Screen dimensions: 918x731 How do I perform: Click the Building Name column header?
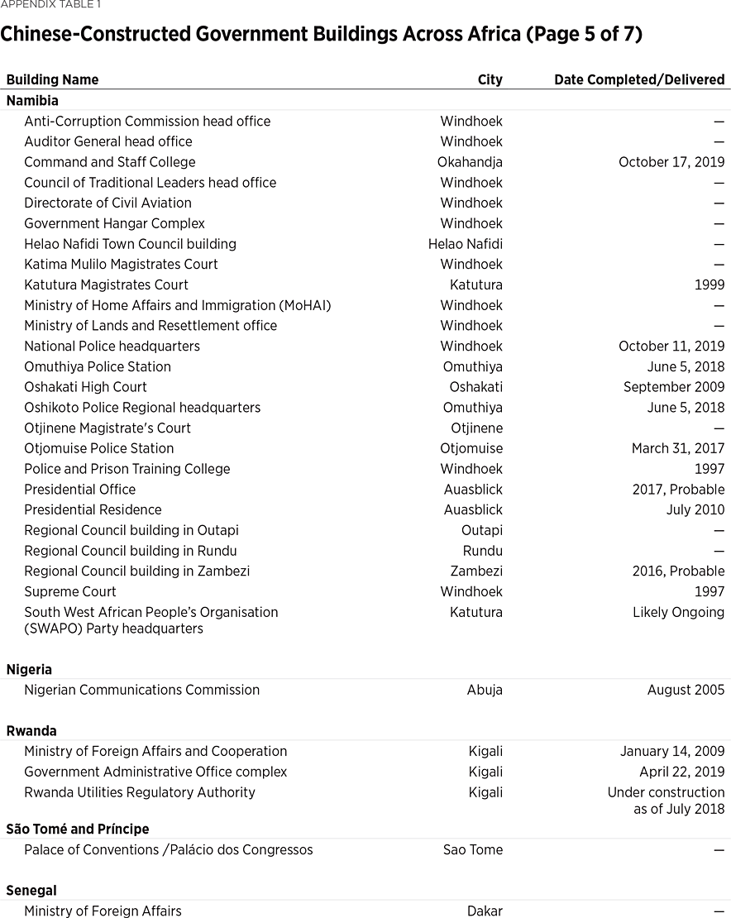coord(52,79)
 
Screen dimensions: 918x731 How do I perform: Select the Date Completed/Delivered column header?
coord(638,79)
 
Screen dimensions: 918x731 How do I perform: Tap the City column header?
coord(490,79)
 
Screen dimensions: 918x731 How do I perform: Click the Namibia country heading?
coord(32,100)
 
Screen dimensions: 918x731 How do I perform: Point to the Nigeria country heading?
coord(29,669)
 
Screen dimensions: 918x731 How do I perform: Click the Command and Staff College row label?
coord(110,162)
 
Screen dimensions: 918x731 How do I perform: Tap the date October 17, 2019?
coord(671,162)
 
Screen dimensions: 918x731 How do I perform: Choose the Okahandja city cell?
coord(470,162)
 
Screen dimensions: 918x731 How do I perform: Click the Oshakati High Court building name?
coord(85,387)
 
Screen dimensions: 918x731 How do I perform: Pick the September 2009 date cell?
coord(673,387)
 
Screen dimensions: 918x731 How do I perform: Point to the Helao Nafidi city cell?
coord(465,244)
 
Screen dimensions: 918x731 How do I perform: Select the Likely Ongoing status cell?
coord(678,612)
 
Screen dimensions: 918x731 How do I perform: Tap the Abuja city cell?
coord(485,690)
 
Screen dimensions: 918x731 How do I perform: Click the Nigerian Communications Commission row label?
coord(141,690)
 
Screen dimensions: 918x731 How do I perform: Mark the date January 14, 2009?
coord(671,751)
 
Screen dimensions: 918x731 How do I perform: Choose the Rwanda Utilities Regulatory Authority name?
coord(140,792)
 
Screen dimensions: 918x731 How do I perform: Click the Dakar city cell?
coord(485,911)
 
